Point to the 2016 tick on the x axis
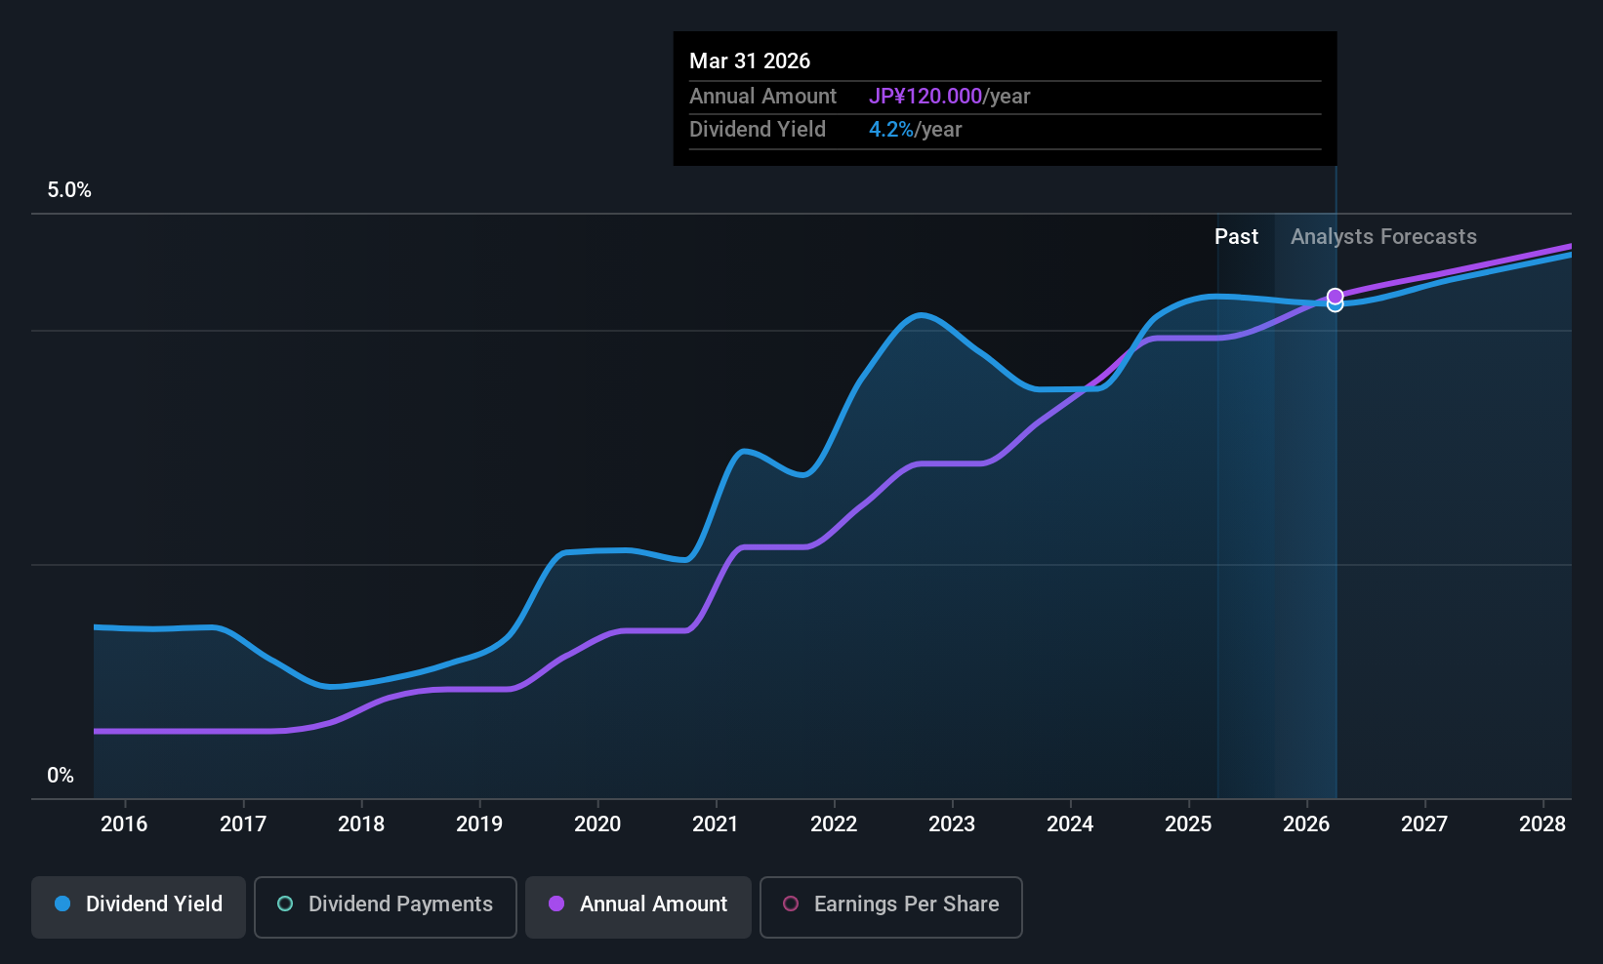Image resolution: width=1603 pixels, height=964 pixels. [124, 824]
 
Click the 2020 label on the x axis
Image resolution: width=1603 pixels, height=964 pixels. [597, 824]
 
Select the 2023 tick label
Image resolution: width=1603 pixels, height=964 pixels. [952, 824]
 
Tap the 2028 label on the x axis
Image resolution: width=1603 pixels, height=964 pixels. [1542, 824]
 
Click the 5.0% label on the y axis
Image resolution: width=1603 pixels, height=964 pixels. [69, 190]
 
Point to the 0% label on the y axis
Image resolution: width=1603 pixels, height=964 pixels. [61, 776]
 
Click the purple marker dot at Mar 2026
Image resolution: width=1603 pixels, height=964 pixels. [1335, 296]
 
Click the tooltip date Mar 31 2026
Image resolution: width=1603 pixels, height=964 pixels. [750, 60]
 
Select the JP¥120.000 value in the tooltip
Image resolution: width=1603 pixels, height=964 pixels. [925, 96]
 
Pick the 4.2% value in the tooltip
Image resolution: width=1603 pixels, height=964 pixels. [890, 130]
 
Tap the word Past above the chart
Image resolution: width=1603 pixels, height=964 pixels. [1236, 237]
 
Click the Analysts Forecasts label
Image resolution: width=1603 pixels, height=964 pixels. [1383, 237]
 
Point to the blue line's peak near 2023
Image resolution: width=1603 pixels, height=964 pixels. [920, 315]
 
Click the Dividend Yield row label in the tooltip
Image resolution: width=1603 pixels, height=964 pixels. [758, 130]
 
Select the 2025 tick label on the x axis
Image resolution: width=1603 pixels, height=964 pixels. [1188, 824]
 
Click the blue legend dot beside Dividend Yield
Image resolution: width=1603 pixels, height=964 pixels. [62, 904]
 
